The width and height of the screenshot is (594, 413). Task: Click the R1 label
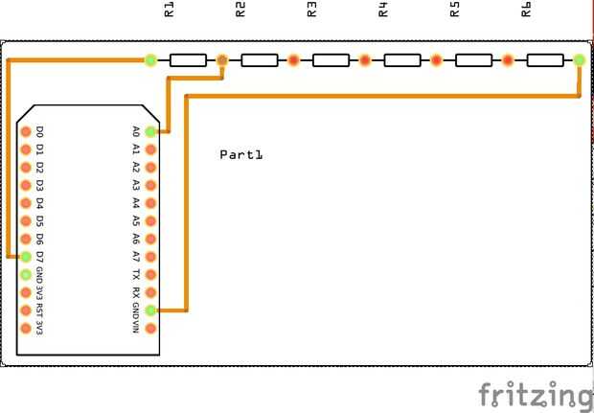[x=170, y=11]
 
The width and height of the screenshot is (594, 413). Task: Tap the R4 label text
[x=383, y=11]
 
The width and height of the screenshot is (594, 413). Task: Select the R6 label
[x=526, y=11]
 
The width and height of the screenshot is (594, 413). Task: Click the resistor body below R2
[x=260, y=60]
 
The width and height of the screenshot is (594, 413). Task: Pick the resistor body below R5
[x=473, y=60]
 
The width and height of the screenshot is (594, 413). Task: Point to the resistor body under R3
[x=331, y=60]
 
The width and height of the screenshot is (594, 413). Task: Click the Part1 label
[x=240, y=154]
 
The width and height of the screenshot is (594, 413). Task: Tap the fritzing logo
[x=536, y=394]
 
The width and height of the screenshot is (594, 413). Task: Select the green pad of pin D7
[x=27, y=257]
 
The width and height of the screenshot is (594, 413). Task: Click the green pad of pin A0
[x=150, y=131]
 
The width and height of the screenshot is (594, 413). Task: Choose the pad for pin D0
[x=27, y=131]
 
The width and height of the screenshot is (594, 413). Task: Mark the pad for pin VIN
[x=150, y=329]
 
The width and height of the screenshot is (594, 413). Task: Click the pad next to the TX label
[x=150, y=275]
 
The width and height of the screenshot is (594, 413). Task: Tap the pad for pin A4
[x=150, y=203]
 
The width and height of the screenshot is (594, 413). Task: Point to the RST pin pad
[x=27, y=310]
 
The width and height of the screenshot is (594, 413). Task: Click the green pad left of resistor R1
[x=150, y=60]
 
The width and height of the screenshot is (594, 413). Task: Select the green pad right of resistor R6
[x=579, y=60]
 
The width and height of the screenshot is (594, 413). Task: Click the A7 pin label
[x=136, y=257]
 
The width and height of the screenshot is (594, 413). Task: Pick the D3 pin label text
[x=40, y=185]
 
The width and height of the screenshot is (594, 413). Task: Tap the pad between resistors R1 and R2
[x=222, y=60]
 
